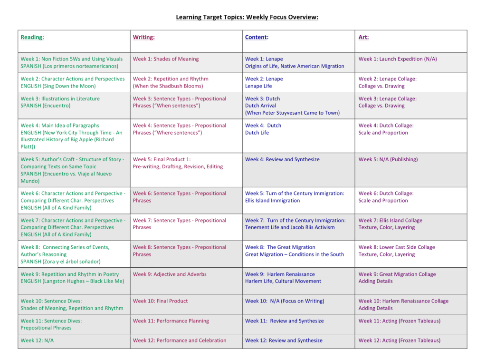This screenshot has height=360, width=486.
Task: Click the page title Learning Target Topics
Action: point(247,18)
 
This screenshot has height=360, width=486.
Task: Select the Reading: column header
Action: point(32,37)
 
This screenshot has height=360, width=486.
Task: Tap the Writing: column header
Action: point(143,37)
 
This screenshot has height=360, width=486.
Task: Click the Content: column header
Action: point(257,37)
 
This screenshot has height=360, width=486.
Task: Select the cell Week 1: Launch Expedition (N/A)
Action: point(398,59)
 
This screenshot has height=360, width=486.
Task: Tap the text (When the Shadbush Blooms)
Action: point(168,86)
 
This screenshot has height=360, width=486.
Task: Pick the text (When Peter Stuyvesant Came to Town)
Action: point(292,113)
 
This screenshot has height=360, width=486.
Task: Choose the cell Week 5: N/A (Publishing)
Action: point(388,159)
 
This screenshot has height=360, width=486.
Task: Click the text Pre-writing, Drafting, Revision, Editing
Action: point(178,166)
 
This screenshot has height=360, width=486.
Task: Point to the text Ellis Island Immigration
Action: point(272,201)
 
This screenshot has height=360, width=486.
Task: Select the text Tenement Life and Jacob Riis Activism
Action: point(290,227)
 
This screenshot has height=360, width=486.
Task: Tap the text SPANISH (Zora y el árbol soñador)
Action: point(60,262)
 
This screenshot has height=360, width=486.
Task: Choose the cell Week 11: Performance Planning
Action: point(171,321)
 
